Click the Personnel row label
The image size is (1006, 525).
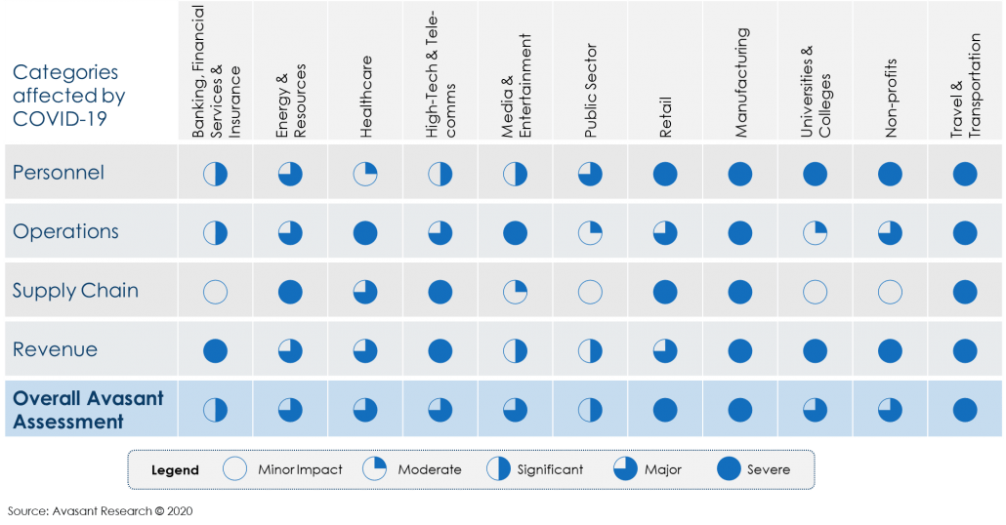pos(58,173)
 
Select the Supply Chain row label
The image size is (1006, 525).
pos(75,291)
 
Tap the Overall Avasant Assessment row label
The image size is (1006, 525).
pos(88,410)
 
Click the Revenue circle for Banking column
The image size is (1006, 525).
pos(215,350)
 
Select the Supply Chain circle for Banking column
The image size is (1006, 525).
pos(215,292)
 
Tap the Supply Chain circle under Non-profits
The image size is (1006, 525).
pos(890,292)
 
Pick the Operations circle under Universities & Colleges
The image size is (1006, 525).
pos(815,233)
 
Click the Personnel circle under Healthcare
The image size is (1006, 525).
pos(365,174)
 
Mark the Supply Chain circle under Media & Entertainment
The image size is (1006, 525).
pos(515,292)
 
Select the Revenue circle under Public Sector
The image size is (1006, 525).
pos(590,350)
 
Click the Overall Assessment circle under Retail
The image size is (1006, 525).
pos(665,410)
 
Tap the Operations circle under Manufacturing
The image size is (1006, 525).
pos(740,233)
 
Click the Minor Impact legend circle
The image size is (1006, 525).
pos(234,469)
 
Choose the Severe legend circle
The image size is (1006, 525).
pos(729,469)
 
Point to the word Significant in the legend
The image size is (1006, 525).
pos(550,469)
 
